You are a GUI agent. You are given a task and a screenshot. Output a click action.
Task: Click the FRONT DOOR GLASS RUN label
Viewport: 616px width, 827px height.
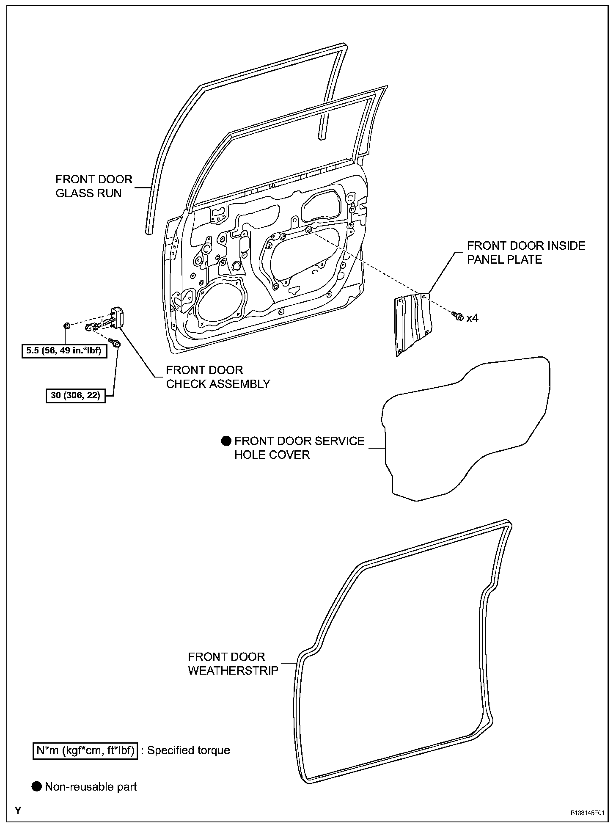pyautogui.click(x=94, y=186)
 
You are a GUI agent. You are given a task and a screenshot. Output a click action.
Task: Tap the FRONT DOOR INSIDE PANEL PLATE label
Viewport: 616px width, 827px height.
pyautogui.click(x=526, y=252)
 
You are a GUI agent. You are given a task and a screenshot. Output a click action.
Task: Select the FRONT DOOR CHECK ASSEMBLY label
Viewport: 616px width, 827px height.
pyautogui.click(x=217, y=377)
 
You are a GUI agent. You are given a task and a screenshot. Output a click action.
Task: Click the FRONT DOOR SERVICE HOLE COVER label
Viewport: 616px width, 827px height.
pyautogui.click(x=299, y=447)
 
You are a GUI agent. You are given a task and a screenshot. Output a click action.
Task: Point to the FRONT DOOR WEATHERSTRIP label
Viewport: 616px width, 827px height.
pyautogui.click(x=233, y=664)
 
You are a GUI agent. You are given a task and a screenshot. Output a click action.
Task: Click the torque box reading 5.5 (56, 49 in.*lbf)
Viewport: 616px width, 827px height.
pyautogui.click(x=64, y=351)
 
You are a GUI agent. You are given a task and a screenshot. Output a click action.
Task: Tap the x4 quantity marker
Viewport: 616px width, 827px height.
pyautogui.click(x=472, y=318)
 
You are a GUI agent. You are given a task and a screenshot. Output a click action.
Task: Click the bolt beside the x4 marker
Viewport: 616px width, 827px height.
pyautogui.click(x=457, y=316)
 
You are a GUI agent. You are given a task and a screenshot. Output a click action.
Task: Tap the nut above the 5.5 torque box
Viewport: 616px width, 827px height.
pyautogui.click(x=66, y=326)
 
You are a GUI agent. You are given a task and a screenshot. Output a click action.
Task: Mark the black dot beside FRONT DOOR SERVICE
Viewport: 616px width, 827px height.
pyautogui.click(x=226, y=441)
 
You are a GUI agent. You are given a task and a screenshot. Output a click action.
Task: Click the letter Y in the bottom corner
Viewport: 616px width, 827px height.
pyautogui.click(x=18, y=811)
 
